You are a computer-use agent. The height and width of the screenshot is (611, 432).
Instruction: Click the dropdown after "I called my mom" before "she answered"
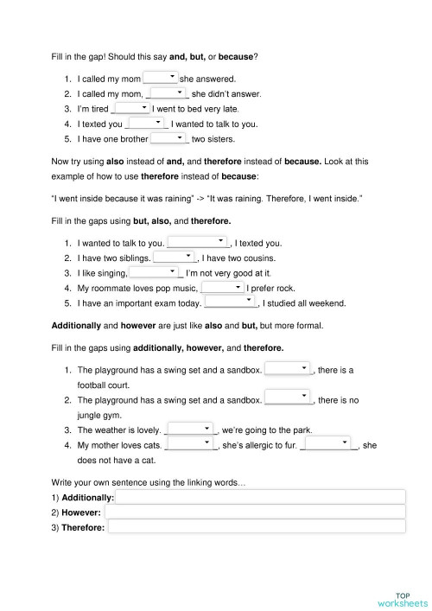click(x=161, y=78)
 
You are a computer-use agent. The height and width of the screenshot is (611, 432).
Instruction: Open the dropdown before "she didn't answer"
click(x=169, y=92)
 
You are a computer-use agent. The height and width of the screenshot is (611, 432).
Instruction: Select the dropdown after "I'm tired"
click(x=132, y=108)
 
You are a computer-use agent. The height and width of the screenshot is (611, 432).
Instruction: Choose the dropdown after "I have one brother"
click(x=169, y=137)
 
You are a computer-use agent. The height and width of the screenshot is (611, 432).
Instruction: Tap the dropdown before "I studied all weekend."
click(x=231, y=302)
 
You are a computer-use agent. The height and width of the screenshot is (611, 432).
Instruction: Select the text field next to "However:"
click(x=255, y=512)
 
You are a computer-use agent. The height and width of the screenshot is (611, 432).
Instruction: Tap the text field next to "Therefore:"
click(x=256, y=526)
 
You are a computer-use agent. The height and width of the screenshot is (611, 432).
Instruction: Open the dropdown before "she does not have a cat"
click(x=330, y=444)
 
